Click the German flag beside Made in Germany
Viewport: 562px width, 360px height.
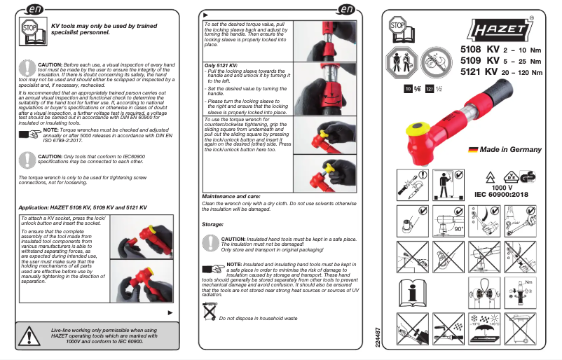tap(473, 149)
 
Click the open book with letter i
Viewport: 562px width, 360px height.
tap(413, 293)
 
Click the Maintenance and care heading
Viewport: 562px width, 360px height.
tap(231, 197)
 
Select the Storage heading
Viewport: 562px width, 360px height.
tap(212, 224)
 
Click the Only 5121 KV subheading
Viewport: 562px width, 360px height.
tap(221, 65)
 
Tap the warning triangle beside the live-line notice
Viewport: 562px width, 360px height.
tap(30, 335)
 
